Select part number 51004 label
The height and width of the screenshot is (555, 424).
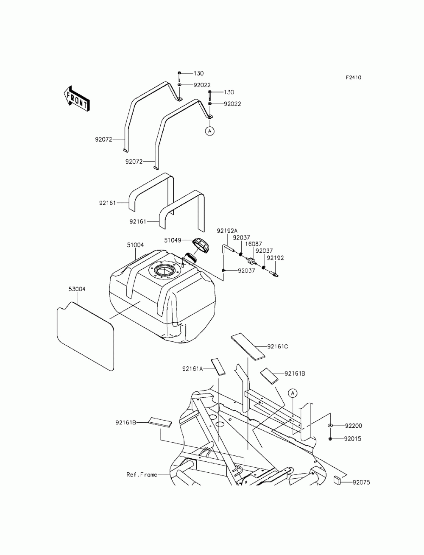click(x=135, y=245)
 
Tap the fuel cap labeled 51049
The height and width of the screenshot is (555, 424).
click(x=201, y=245)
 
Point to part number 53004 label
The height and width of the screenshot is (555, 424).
click(x=77, y=289)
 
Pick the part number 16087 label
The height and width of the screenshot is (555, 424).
click(x=254, y=244)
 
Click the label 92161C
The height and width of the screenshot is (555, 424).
click(x=277, y=346)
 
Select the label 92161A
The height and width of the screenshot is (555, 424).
click(x=193, y=369)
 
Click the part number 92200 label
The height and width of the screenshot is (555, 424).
click(x=353, y=425)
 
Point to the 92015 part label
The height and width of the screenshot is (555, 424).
click(x=353, y=439)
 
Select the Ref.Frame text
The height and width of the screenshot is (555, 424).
click(x=141, y=474)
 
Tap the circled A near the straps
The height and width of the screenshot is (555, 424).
click(x=209, y=131)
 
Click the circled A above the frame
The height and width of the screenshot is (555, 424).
click(x=293, y=393)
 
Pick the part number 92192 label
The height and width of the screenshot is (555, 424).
click(x=275, y=258)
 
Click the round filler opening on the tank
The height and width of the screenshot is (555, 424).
click(x=162, y=270)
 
